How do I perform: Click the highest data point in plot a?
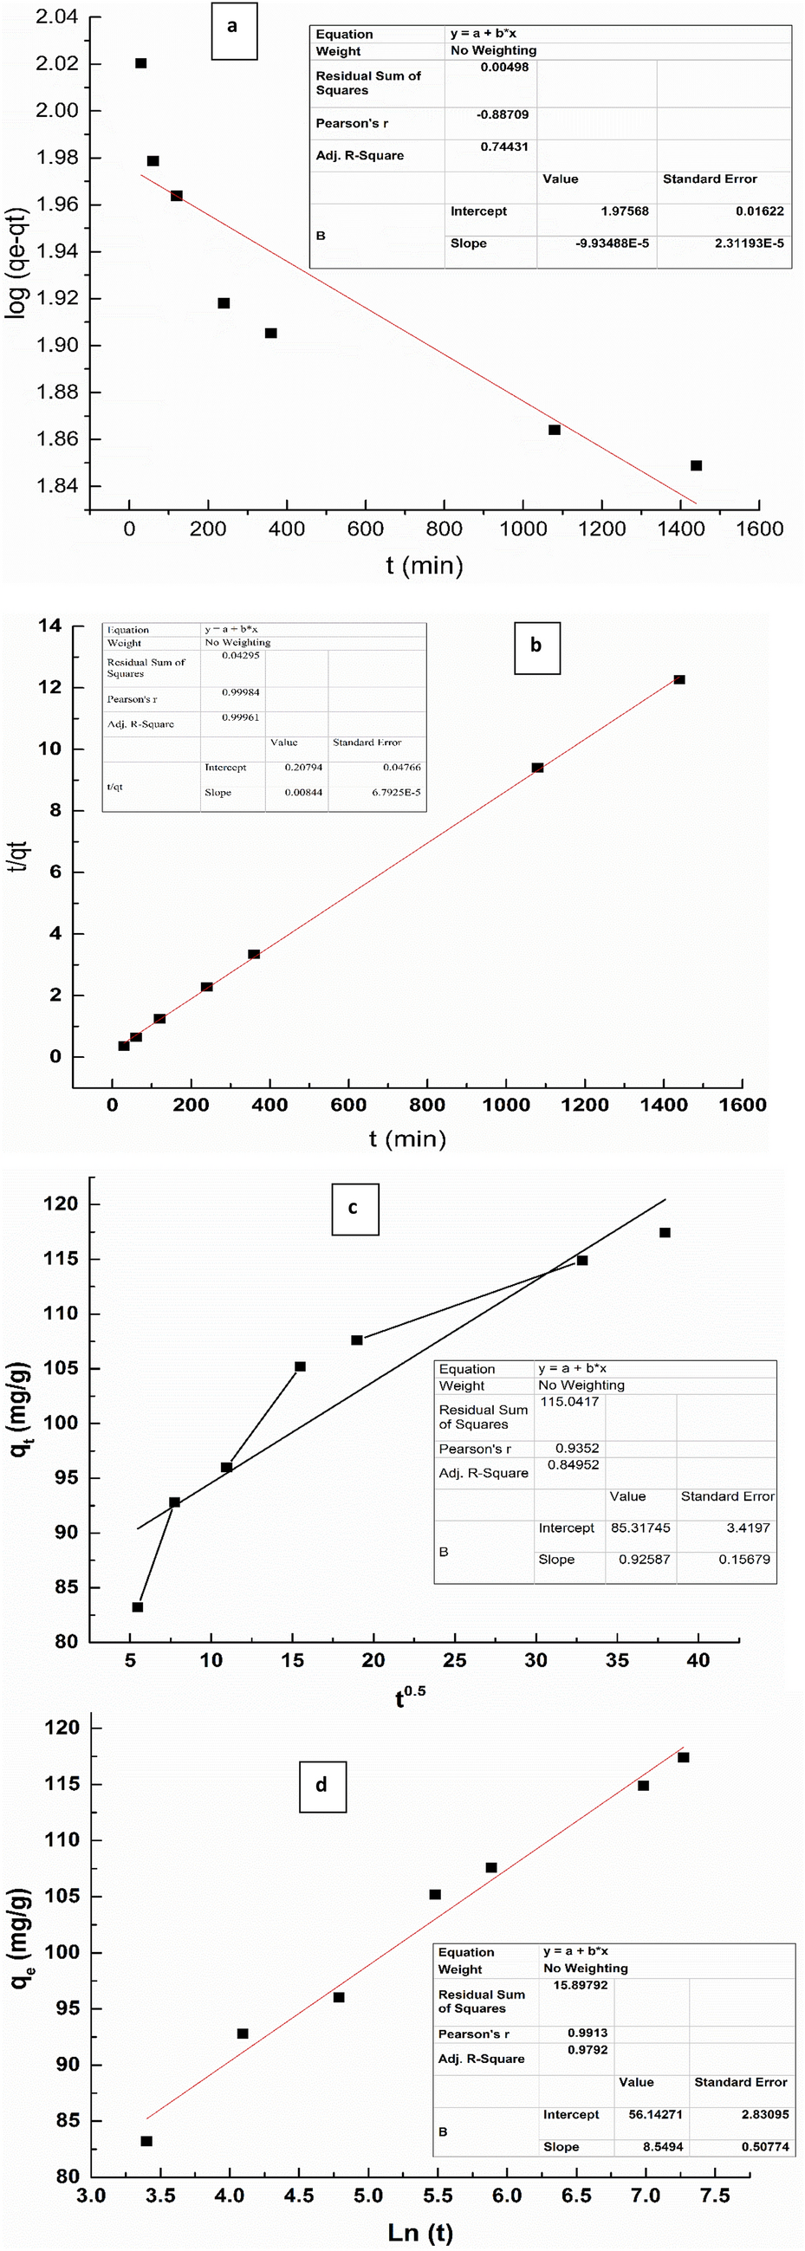[x=140, y=64]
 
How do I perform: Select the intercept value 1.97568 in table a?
[x=624, y=211]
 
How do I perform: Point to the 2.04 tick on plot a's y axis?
[x=57, y=17]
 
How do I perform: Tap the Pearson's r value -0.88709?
[x=503, y=114]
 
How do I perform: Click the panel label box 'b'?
[x=536, y=647]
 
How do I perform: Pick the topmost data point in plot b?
[x=679, y=680]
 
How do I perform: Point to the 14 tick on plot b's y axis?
[x=49, y=626]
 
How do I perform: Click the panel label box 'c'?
[x=354, y=1209]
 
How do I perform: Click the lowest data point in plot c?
[x=137, y=1607]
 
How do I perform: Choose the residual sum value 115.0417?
[x=569, y=1402]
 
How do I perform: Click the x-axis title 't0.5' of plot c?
[x=408, y=1696]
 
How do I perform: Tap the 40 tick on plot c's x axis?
[x=698, y=1659]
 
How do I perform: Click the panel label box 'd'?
[x=321, y=1784]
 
